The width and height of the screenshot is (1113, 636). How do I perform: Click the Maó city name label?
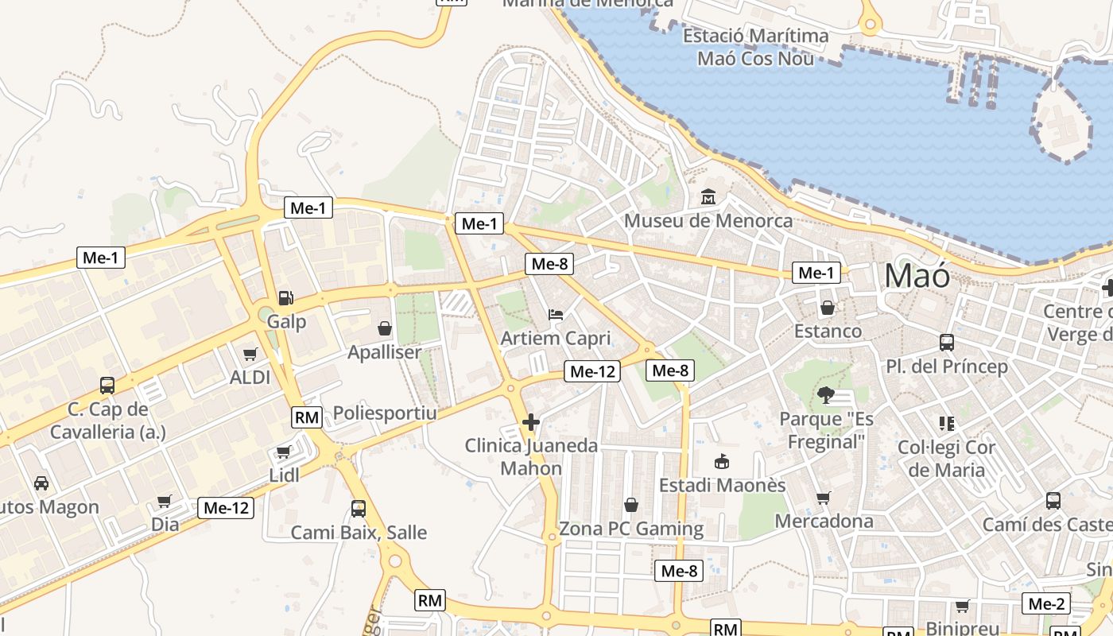click(917, 276)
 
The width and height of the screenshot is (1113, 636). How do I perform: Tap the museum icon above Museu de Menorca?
click(708, 196)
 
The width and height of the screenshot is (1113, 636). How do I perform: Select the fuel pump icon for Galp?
click(285, 298)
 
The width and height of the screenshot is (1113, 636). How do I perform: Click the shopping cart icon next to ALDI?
click(250, 354)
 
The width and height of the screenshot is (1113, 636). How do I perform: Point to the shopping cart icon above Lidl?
click(283, 452)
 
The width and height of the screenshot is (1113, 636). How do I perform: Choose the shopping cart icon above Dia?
click(165, 501)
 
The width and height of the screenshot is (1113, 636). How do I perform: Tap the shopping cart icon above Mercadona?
click(824, 498)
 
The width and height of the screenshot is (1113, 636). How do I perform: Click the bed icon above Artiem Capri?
click(556, 315)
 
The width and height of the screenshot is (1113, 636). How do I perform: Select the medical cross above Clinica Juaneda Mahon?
click(531, 421)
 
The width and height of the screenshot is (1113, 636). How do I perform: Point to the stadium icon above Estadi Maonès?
click(722, 461)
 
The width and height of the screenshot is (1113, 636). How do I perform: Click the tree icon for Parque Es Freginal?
click(826, 394)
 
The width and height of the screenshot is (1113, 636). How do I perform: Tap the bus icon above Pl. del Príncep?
click(947, 343)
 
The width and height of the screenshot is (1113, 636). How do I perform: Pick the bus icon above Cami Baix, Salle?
click(359, 509)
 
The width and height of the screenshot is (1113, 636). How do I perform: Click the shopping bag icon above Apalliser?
click(385, 328)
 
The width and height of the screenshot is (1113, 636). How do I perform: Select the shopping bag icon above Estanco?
click(828, 308)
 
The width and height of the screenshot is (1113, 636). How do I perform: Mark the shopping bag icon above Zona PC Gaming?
click(631, 505)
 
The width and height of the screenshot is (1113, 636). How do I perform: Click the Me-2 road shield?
click(1046, 603)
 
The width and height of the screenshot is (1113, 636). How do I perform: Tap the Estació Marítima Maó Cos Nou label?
click(755, 47)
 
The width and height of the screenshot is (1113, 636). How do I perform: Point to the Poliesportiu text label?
click(385, 413)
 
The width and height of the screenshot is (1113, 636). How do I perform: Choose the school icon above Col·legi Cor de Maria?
click(946, 423)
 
